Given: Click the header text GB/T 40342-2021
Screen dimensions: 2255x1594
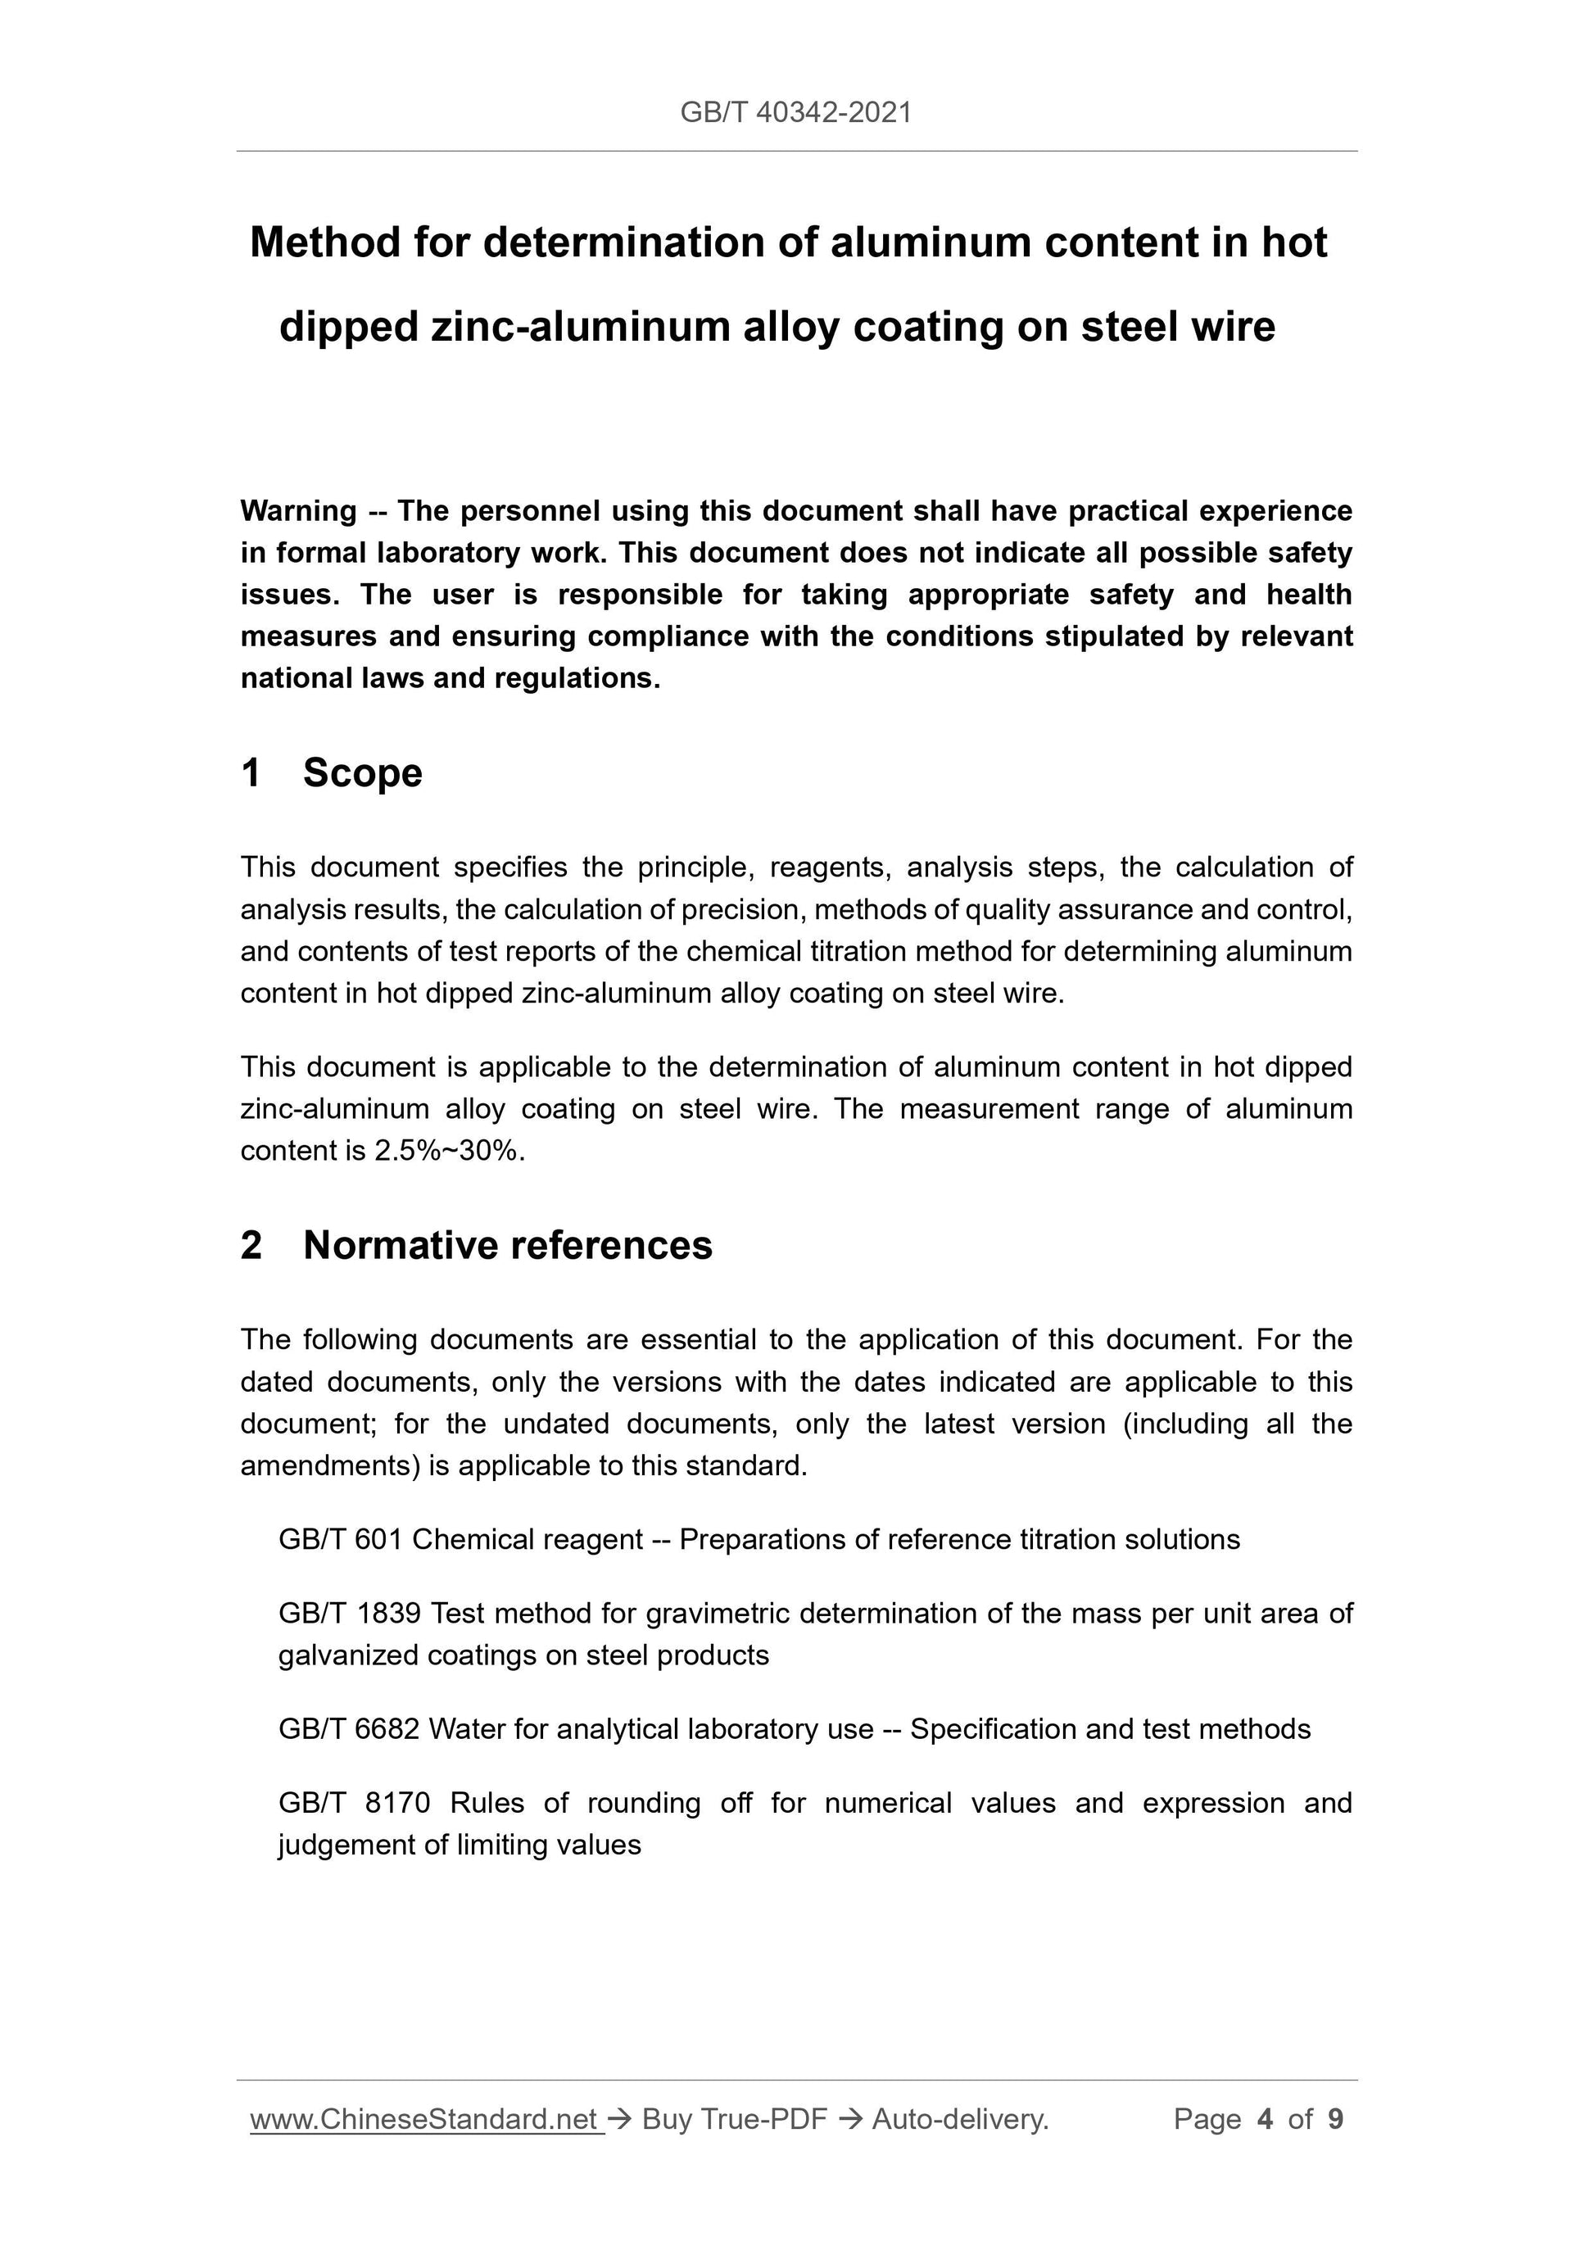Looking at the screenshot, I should pyautogui.click(x=795, y=113).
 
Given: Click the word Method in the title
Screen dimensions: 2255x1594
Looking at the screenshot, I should pyautogui.click(x=326, y=242).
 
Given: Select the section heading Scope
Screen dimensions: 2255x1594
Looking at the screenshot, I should pyautogui.click(x=362, y=773).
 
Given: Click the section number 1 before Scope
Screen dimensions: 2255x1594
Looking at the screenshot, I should pyautogui.click(x=251, y=773).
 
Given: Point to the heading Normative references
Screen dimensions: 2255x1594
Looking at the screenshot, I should pyautogui.click(x=508, y=1245).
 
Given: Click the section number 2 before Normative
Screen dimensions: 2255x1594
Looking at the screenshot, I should pyautogui.click(x=251, y=1245).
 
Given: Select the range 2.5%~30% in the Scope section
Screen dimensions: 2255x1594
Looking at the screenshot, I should pyautogui.click(x=447, y=1151).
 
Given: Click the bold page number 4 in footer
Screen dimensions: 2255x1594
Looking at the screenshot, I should pyautogui.click(x=1265, y=2120).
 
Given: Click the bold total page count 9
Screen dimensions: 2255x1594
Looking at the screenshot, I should pyautogui.click(x=1336, y=2120).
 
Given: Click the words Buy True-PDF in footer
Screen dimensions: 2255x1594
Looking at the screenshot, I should pyautogui.click(x=734, y=2120).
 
